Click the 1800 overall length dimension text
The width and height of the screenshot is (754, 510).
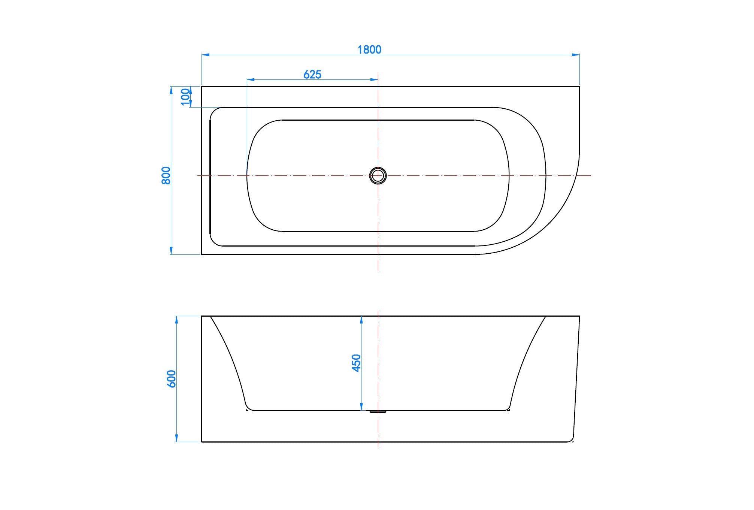369,49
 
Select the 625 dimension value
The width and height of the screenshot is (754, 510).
312,75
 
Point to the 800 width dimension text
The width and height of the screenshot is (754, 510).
166,175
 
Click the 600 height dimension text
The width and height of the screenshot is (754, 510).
171,379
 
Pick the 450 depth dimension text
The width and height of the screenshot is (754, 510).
356,363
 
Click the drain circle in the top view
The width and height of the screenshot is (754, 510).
378,175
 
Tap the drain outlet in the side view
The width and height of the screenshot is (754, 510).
378,412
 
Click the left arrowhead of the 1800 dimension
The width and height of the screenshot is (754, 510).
206,55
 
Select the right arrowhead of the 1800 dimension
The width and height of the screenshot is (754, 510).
576,55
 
